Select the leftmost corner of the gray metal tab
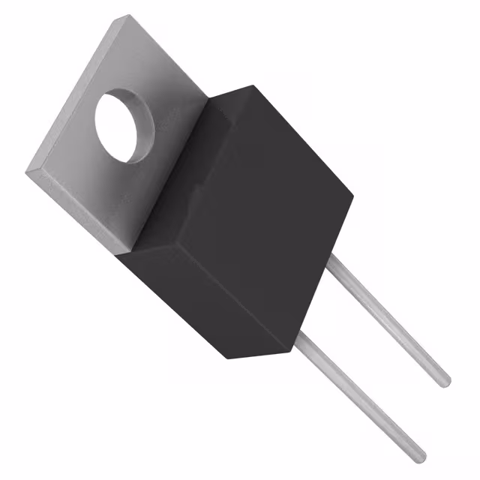(26, 173)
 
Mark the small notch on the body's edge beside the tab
(197, 193)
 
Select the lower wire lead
(360, 397)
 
